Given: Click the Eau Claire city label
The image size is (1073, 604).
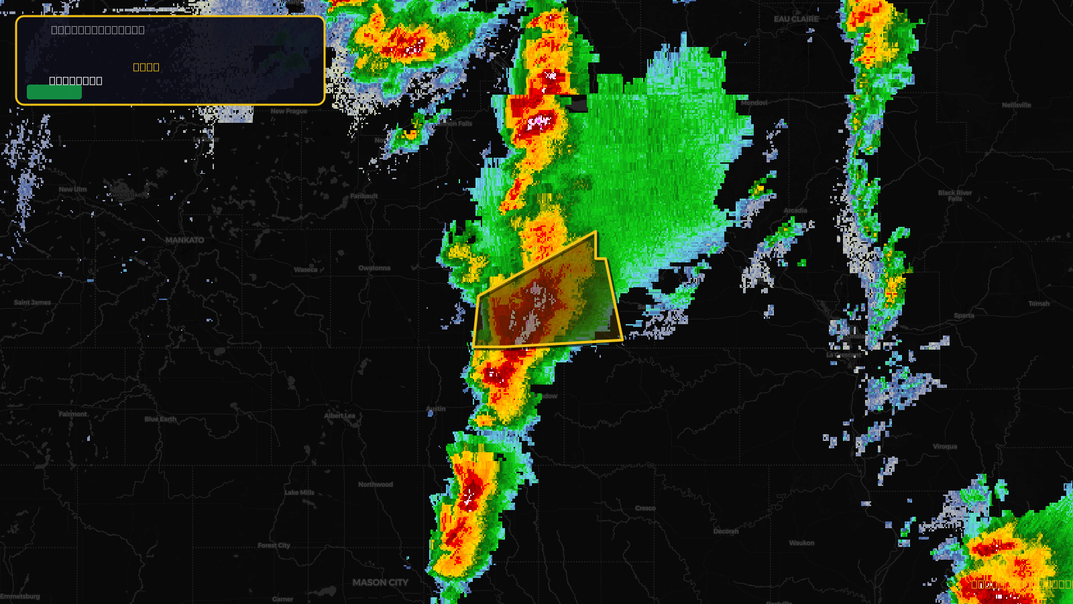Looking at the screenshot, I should click(796, 19).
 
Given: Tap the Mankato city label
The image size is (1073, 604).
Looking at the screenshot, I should click(185, 240).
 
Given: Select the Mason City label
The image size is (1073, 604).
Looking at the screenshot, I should click(380, 583).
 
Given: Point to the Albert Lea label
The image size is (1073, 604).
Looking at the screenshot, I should click(340, 415).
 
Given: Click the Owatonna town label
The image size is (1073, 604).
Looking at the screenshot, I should click(374, 268).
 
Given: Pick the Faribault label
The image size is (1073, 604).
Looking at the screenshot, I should click(364, 196).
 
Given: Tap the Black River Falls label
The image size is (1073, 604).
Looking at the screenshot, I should click(955, 195).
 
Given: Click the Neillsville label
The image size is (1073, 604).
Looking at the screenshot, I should click(1017, 105).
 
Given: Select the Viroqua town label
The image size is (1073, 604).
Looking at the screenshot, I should click(945, 446).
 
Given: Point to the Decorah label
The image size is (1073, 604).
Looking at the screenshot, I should click(726, 532).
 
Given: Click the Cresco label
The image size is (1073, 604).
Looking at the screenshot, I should click(645, 508).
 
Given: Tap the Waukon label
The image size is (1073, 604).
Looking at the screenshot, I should click(801, 543).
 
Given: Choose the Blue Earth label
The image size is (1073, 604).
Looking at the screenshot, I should click(160, 419).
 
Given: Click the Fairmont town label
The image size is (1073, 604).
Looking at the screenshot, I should click(73, 414).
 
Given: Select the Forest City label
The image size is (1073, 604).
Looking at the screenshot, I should click(274, 546).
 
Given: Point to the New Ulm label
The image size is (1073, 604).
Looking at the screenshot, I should click(72, 189).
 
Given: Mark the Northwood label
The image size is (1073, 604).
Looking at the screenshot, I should click(376, 485).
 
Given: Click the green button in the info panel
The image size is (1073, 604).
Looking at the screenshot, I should click(54, 92).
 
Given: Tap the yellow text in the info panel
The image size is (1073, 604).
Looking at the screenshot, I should click(146, 67).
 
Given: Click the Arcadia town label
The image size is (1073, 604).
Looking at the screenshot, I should click(795, 211).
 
